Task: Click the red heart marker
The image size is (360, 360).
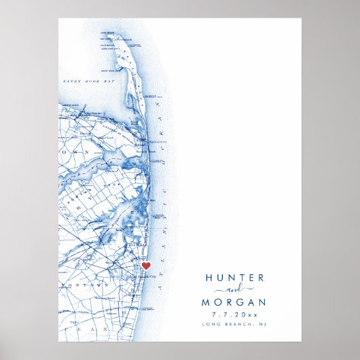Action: click(146, 266)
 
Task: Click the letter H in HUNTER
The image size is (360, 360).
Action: click(209, 278)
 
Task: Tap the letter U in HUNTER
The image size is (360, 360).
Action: click(219, 278)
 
